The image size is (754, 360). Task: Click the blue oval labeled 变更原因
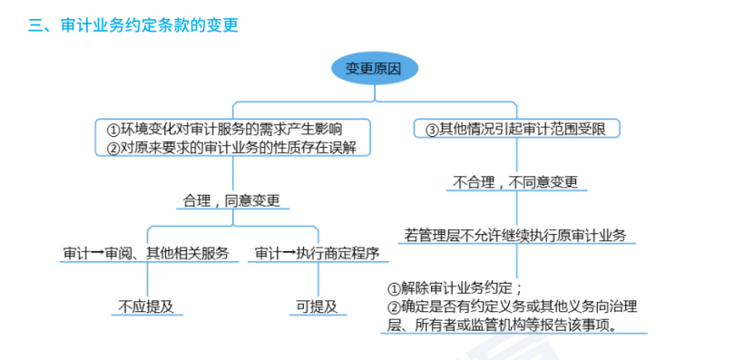[x=374, y=68]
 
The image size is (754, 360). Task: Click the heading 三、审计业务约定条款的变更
[x=133, y=25]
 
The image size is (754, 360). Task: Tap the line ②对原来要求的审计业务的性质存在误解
[x=238, y=146]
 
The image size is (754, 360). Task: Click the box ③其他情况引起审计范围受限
[x=516, y=129]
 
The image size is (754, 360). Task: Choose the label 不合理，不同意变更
[x=515, y=180]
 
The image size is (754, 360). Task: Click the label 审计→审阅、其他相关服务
[x=146, y=253]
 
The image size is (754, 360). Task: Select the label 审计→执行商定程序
[x=317, y=253]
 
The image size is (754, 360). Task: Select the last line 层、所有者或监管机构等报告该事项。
[x=503, y=324]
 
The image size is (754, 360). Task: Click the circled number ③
[x=432, y=129]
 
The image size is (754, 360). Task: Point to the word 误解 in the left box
[x=354, y=146]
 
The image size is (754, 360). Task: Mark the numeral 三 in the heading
[x=35, y=25]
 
